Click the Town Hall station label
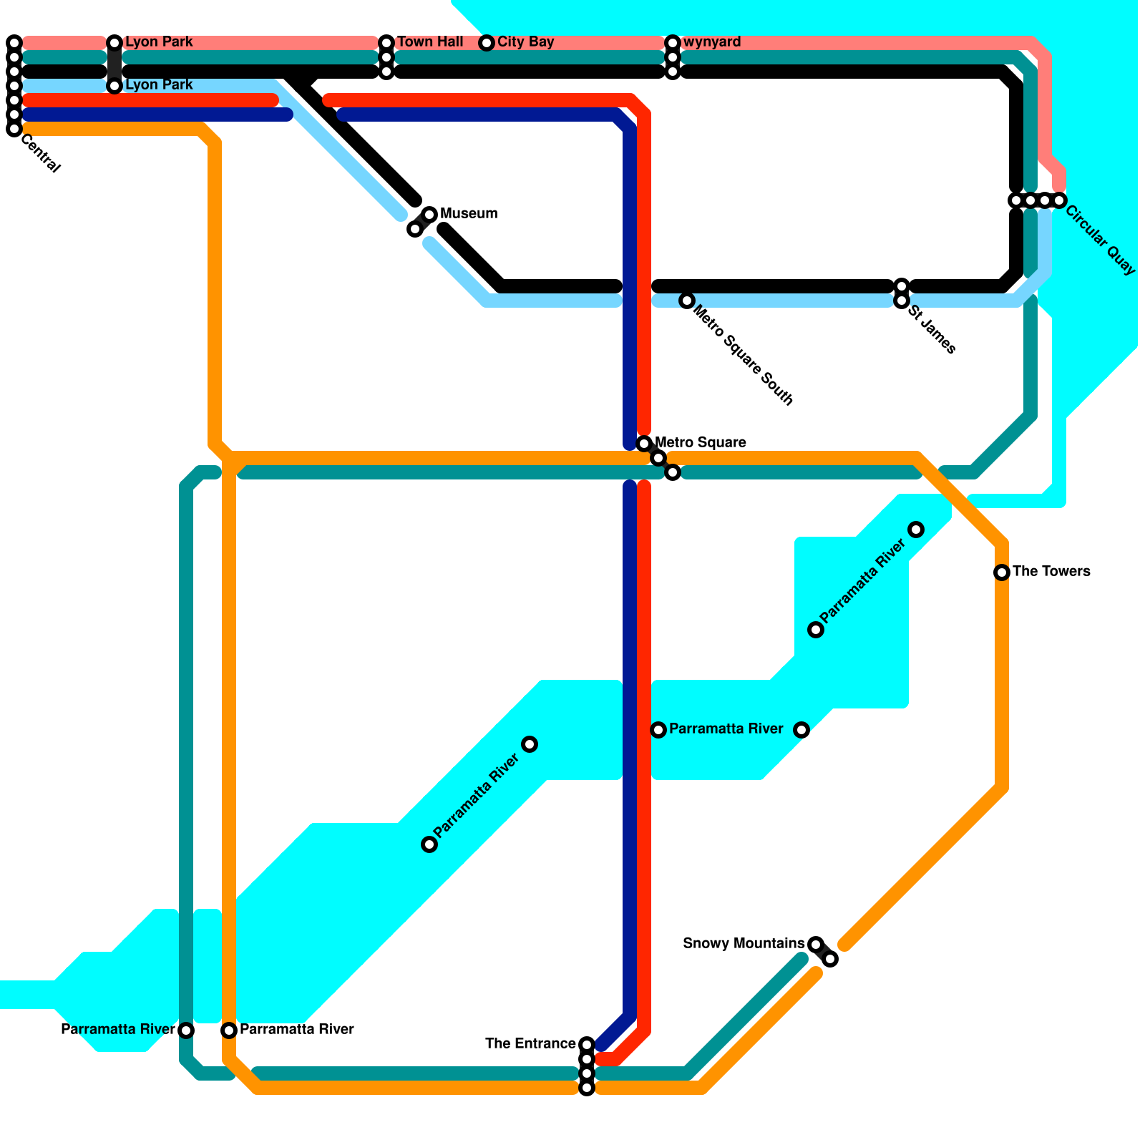coord(430,42)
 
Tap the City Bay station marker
coord(487,43)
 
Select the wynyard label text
coord(712,42)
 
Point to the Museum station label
coord(469,214)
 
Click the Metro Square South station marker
coord(687,301)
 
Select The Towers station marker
coord(1002,572)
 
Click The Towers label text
coord(1051,572)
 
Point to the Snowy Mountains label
coord(744,944)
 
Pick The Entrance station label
coord(530,1044)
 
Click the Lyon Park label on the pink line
coord(159,42)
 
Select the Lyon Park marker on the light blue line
coord(114,86)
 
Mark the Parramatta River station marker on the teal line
coord(186,1030)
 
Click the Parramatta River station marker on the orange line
coord(229,1030)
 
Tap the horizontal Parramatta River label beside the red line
coord(726,729)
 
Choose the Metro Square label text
coord(701,443)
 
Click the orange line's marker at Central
coord(14,129)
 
